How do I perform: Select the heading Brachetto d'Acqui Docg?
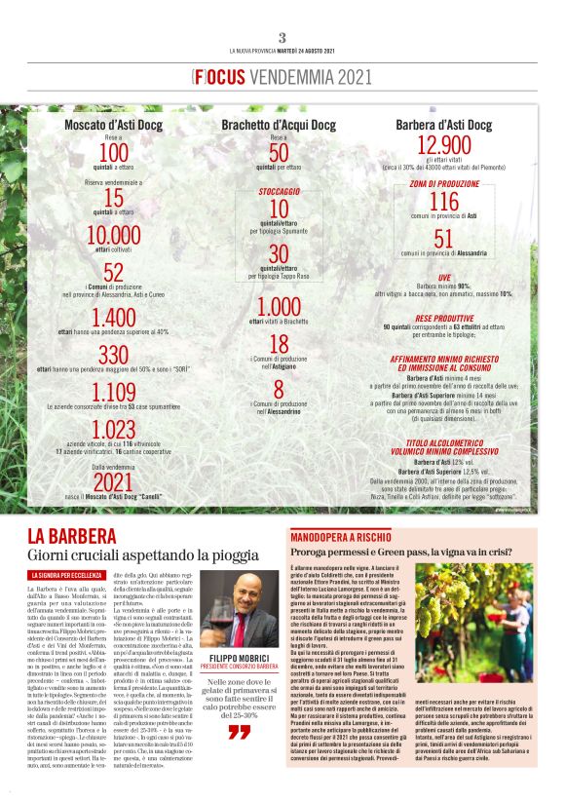tap(279, 126)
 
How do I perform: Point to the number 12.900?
tap(443, 146)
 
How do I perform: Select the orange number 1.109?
tap(114, 393)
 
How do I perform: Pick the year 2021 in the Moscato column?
tap(114, 482)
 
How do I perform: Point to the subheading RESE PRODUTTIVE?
tap(443, 318)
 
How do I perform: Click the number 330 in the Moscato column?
tap(114, 354)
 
